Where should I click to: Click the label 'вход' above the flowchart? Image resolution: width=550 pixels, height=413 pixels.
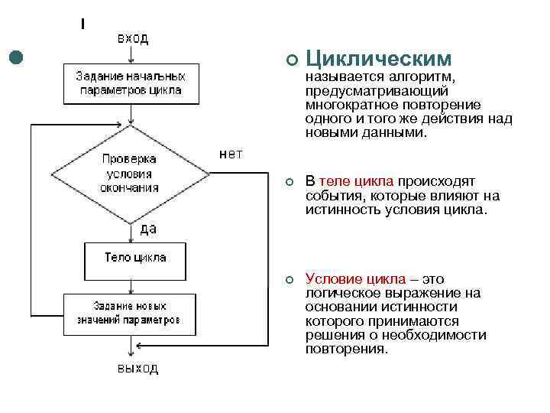[132, 37]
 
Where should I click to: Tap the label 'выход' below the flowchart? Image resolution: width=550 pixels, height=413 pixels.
[137, 369]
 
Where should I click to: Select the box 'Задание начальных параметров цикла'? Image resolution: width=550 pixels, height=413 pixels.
[131, 83]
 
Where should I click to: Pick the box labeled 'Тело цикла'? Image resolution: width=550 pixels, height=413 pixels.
[134, 258]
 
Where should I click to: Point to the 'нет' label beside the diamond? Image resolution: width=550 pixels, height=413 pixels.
[231, 154]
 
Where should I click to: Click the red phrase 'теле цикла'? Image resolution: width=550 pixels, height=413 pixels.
[356, 181]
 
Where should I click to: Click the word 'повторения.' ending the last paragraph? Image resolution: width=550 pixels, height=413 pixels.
[347, 349]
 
